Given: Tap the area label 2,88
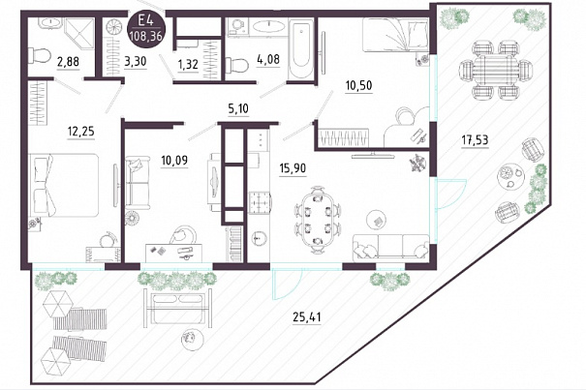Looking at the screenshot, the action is (x=68, y=61).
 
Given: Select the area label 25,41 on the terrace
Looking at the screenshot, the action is (x=307, y=317).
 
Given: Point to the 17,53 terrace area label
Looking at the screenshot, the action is (x=475, y=140).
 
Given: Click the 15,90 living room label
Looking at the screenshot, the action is (x=293, y=168).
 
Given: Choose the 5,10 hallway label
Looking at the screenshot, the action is (x=238, y=108).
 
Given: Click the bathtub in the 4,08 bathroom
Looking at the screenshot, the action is (x=301, y=49).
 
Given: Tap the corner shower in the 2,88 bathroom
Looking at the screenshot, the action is (x=78, y=34).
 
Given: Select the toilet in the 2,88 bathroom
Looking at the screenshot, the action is (x=40, y=56).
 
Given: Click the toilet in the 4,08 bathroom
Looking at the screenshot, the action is (x=237, y=65).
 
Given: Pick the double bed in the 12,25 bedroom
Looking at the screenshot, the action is (x=64, y=185).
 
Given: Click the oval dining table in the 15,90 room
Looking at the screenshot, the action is (x=318, y=217).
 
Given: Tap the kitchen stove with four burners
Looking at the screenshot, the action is (x=259, y=202).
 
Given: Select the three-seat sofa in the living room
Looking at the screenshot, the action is (x=391, y=247).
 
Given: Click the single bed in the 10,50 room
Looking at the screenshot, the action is (x=396, y=35).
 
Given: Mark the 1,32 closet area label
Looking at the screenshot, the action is (x=188, y=64).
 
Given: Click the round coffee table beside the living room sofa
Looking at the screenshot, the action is (x=378, y=220).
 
